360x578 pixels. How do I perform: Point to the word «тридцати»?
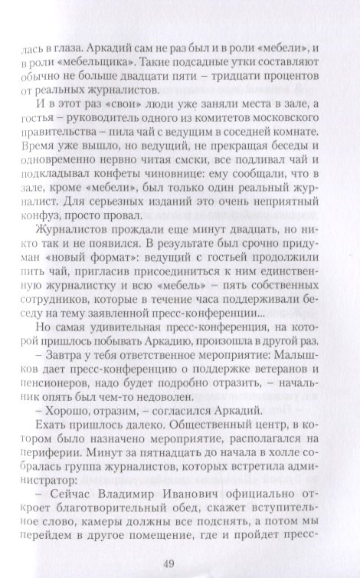pyautogui.click(x=270, y=78)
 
